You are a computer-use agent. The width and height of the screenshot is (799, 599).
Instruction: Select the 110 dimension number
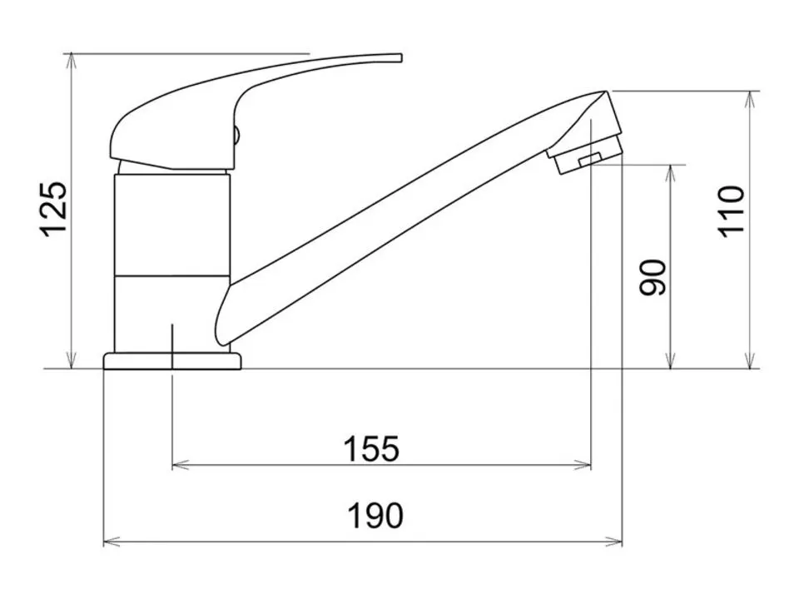[731, 211]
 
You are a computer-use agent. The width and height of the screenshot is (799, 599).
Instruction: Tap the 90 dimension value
[653, 278]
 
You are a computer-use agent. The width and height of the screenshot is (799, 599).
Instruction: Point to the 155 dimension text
[371, 448]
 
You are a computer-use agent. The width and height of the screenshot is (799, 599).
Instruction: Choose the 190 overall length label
[375, 516]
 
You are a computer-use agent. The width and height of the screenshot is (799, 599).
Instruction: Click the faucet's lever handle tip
[400, 57]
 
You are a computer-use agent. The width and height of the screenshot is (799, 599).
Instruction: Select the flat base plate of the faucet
[172, 361]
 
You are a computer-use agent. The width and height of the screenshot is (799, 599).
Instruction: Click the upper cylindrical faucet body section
[172, 225]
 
